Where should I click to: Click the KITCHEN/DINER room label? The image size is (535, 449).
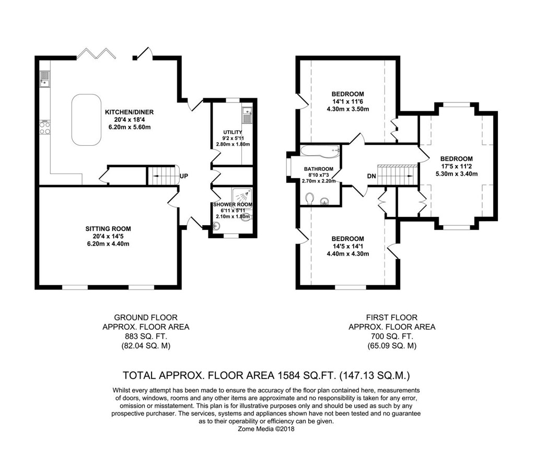pos(129,112)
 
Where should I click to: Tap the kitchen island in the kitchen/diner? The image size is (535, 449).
pos(86,120)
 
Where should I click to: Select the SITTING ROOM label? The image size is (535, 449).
pos(108,229)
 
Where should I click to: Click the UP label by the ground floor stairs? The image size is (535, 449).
pos(183,176)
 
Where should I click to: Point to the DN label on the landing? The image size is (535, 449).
pos(371,176)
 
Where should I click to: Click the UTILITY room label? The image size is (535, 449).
pos(232,132)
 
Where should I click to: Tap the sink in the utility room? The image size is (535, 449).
pos(247,114)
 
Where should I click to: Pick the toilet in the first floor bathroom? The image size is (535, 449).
pos(310,199)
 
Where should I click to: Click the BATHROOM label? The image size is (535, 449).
pos(319,169)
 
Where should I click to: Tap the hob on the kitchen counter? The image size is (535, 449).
pos(45,128)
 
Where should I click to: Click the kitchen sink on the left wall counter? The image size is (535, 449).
pos(45,79)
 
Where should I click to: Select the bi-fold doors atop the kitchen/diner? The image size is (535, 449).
pos(95,54)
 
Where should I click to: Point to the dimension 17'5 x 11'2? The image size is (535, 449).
pos(457,166)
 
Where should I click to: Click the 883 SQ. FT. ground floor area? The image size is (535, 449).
pos(146,336)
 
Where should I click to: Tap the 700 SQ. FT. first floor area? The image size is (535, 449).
pos(392,336)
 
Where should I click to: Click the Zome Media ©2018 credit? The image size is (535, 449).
pos(266,429)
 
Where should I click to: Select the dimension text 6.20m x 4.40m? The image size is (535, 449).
pos(108,244)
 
